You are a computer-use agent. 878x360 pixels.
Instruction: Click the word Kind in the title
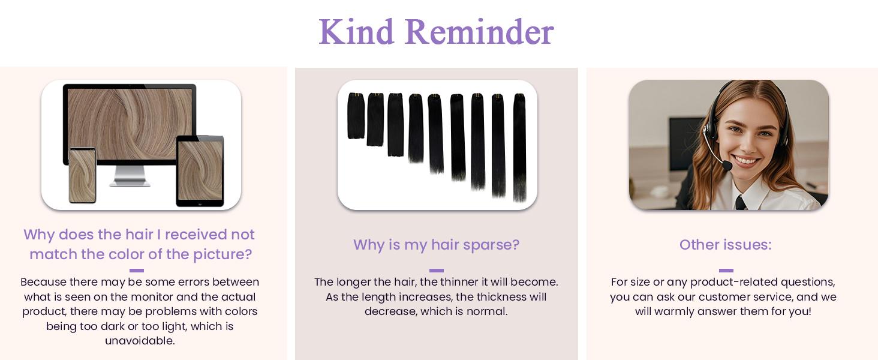tap(356, 32)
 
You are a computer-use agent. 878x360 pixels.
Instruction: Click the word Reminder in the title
tap(479, 32)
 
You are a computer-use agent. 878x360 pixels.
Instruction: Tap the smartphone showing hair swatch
tap(82, 175)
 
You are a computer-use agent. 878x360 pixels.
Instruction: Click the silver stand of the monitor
tap(130, 176)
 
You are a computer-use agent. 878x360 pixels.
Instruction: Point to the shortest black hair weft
tap(356, 115)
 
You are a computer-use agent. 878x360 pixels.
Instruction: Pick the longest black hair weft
tap(519, 147)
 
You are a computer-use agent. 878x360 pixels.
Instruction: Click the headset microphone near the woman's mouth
tap(727, 164)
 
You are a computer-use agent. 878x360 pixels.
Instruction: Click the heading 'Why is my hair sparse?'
tap(436, 245)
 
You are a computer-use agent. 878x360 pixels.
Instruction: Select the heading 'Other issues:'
tap(725, 245)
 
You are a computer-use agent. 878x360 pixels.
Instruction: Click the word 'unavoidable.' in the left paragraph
tap(140, 341)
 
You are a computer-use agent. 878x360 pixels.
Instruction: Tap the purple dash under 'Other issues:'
tap(726, 271)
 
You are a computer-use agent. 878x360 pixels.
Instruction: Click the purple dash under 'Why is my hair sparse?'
tap(437, 271)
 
